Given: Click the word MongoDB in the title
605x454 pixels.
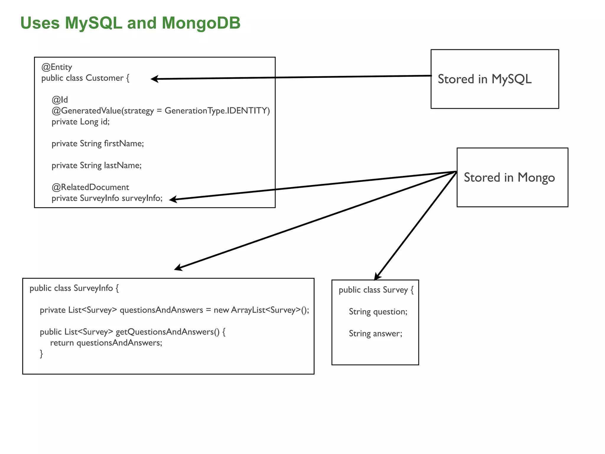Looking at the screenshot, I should [201, 23].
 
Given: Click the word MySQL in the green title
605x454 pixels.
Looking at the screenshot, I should [93, 23].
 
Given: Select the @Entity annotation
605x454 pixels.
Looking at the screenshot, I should [57, 67].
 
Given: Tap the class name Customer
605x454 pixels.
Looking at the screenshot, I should [105, 78].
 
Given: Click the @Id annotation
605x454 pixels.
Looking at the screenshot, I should [60, 100].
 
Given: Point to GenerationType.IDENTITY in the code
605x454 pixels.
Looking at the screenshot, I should [217, 111].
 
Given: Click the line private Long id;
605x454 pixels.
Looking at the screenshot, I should [80, 122].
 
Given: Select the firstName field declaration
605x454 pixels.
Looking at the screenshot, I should [97, 144].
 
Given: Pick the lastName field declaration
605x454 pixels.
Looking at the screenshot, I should [97, 166].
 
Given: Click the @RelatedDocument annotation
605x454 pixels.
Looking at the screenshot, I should [90, 187].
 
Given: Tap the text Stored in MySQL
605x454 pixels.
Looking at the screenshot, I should [484, 79].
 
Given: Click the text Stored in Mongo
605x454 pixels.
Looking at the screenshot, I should [509, 178].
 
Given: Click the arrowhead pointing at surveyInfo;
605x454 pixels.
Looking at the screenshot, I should [173, 200].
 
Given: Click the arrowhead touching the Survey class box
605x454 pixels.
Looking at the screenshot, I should [377, 277].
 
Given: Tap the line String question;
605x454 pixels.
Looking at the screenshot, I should [378, 312].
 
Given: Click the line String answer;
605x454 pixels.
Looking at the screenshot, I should [375, 334].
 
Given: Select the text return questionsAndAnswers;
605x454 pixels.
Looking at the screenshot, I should [106, 343].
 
